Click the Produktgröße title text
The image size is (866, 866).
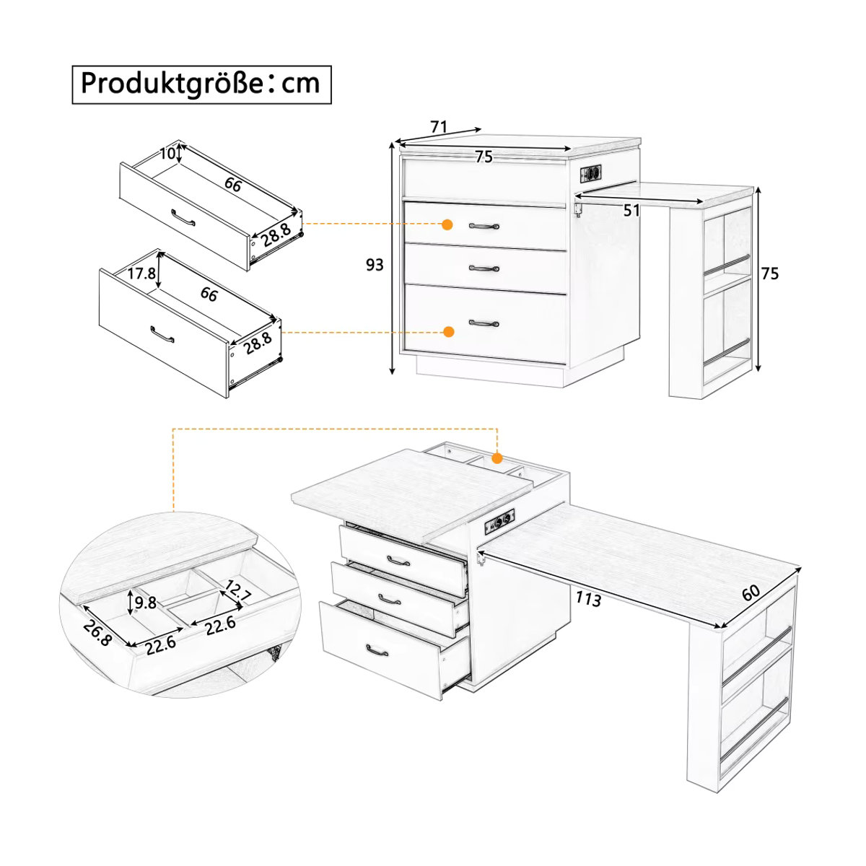tap(201, 84)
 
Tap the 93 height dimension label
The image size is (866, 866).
tap(375, 266)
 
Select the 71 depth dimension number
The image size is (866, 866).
tap(439, 127)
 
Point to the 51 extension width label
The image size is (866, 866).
tap(631, 210)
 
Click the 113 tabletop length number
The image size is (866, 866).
tap(588, 599)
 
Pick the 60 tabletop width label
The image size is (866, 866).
tap(751, 592)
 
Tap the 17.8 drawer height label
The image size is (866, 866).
tap(141, 274)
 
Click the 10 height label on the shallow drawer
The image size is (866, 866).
tap(167, 154)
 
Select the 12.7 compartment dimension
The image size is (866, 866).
tap(237, 592)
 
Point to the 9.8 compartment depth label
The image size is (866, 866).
tap(145, 602)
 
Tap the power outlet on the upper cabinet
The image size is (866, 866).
tap(590, 172)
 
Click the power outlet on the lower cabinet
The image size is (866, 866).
tap(499, 522)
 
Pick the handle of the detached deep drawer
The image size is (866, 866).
tap(162, 334)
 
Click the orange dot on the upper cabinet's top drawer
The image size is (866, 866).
tap(447, 224)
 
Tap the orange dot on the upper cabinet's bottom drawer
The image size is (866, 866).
tap(448, 332)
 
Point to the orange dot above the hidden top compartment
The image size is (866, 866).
tap(497, 458)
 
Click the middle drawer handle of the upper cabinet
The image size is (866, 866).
tap(484, 268)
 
